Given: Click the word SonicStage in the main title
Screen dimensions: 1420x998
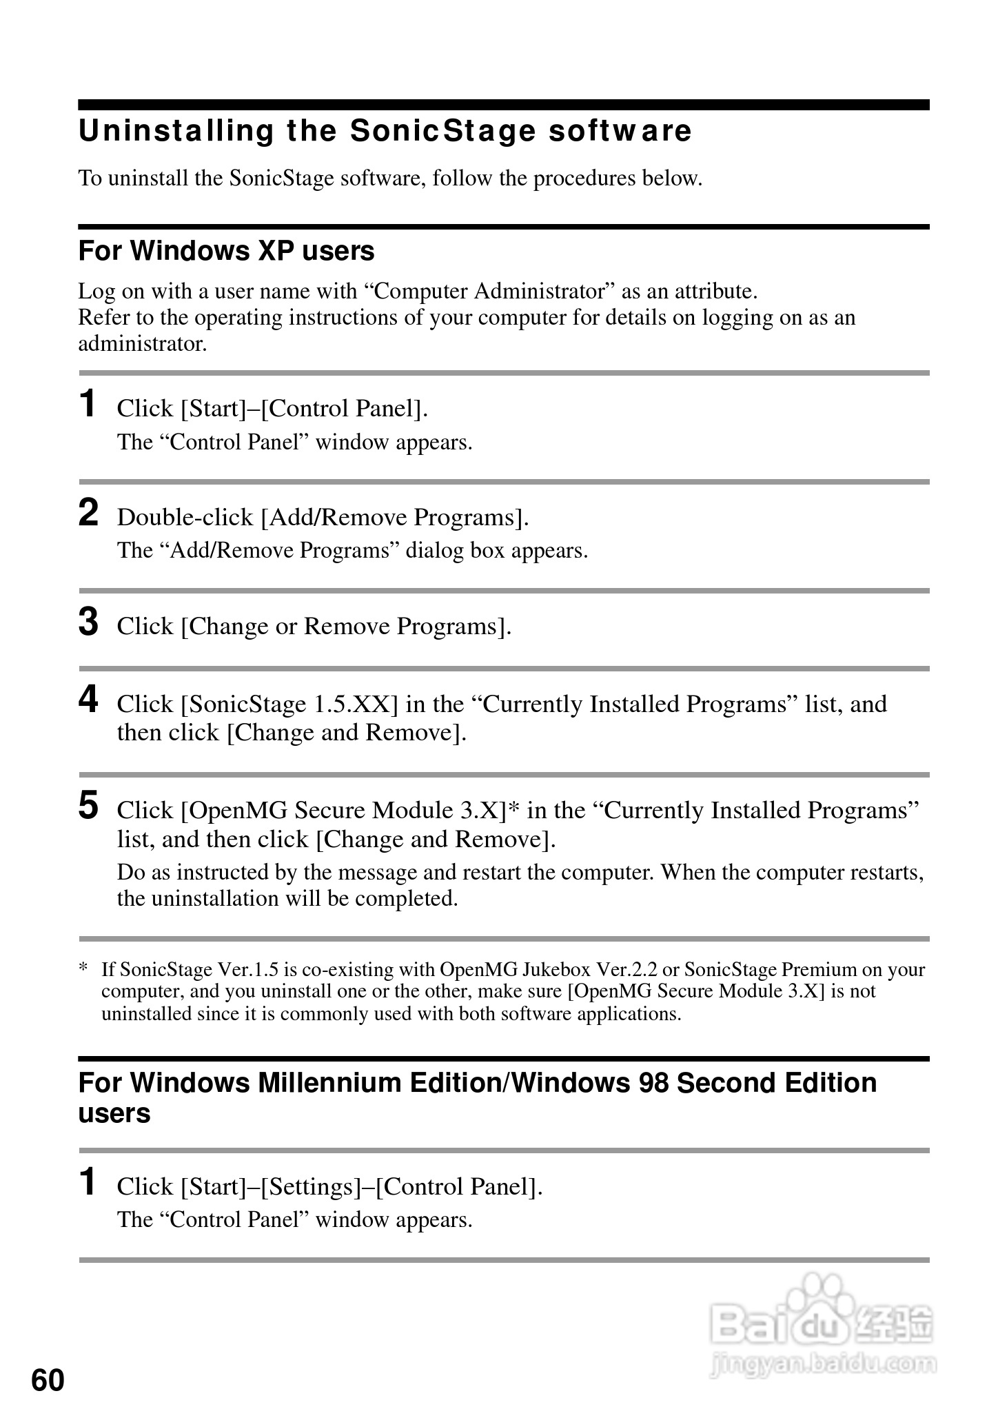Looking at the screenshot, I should (x=442, y=131).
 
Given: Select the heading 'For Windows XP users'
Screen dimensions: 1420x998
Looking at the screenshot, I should (x=226, y=251).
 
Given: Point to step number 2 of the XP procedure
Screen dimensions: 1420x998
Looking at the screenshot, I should (x=88, y=513).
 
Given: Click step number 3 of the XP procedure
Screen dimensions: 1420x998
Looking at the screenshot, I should (x=88, y=622).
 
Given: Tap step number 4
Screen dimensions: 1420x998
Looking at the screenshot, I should (x=88, y=700).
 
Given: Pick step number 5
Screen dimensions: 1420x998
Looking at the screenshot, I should (x=88, y=806).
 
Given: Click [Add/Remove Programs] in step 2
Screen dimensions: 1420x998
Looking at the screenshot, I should (x=394, y=517).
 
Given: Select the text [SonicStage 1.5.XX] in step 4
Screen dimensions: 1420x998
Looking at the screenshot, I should (x=289, y=704).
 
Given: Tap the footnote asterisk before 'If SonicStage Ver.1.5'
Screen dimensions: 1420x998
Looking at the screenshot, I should (x=83, y=969).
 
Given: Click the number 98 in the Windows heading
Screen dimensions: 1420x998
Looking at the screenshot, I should (x=653, y=1083).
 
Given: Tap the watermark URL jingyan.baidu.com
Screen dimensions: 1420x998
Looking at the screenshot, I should (x=823, y=1363).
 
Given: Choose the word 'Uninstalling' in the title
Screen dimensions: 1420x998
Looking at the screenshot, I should (x=176, y=131).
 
